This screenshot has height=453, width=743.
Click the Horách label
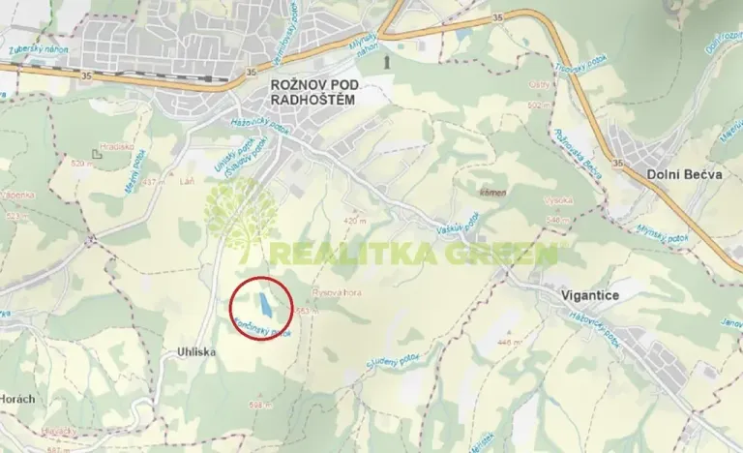tap(16, 398)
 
